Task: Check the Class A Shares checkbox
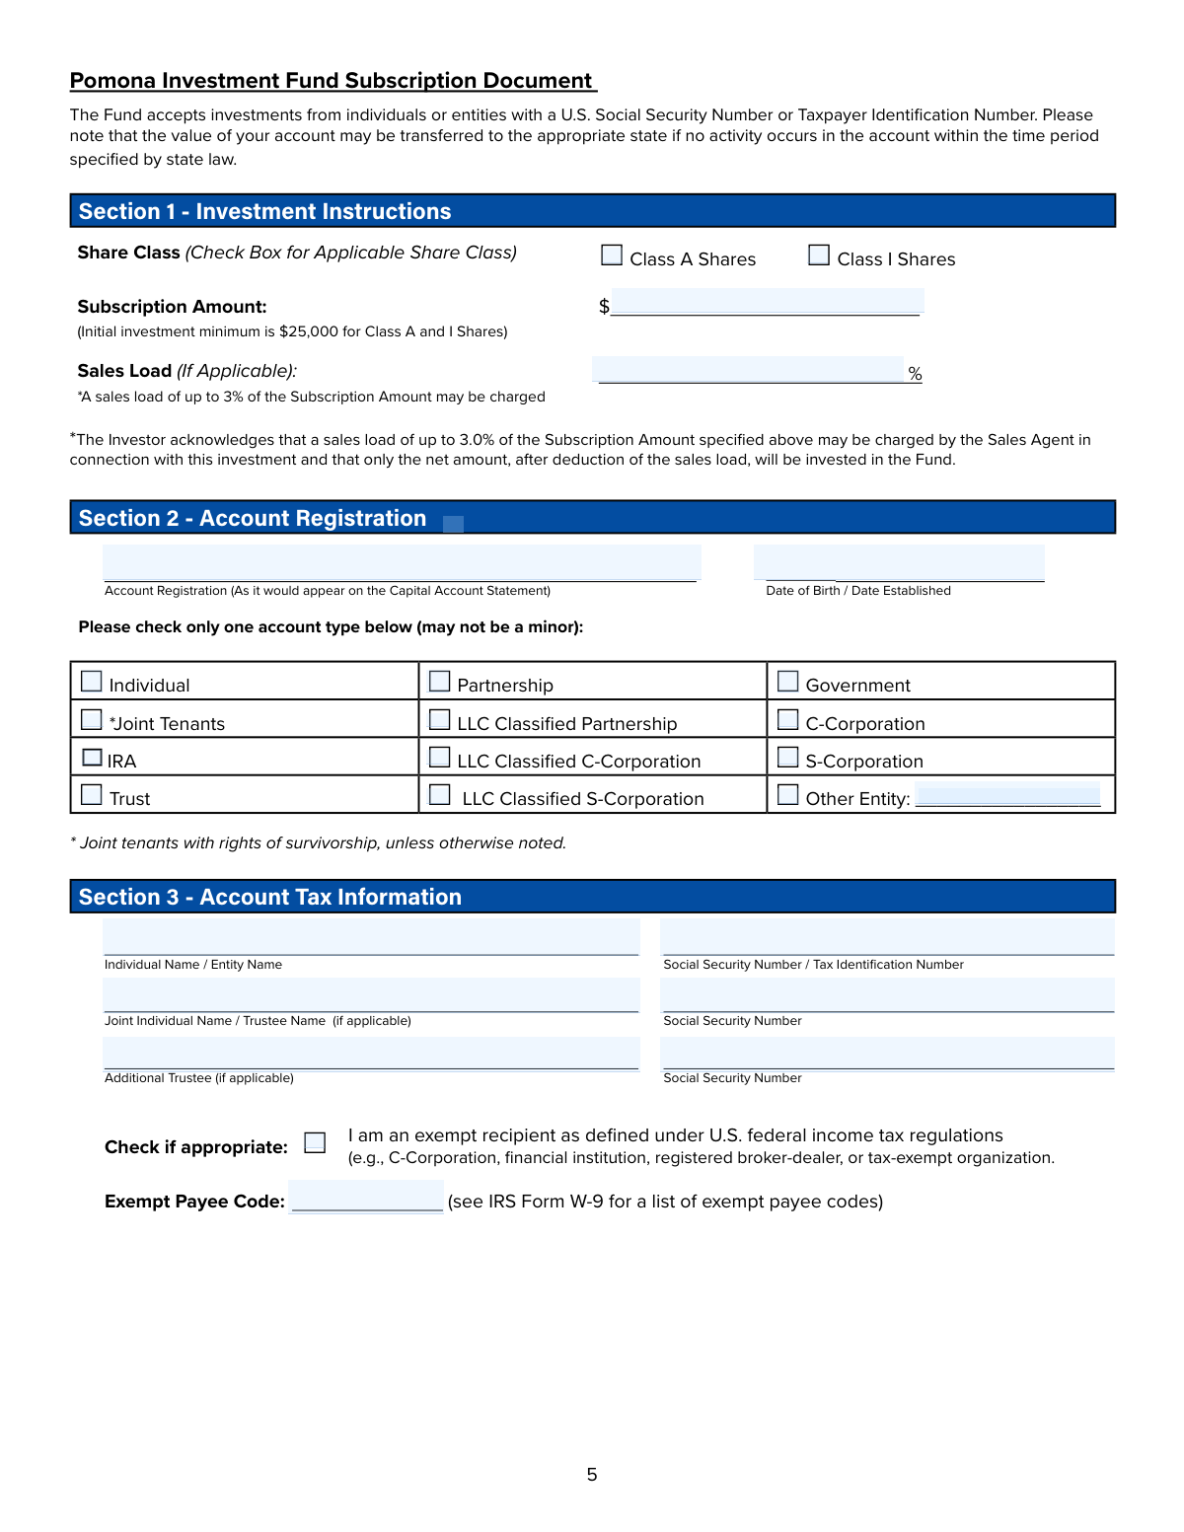point(612,255)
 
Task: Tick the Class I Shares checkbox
point(819,255)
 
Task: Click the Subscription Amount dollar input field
point(767,302)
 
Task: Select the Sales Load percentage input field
point(748,370)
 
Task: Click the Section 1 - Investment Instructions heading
point(264,211)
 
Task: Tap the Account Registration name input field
point(402,562)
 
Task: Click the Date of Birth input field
point(899,562)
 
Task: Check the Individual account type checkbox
point(92,682)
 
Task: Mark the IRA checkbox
point(92,758)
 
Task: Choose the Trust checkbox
point(92,795)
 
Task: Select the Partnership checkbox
point(440,682)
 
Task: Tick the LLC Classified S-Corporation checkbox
point(440,795)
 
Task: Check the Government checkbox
point(788,682)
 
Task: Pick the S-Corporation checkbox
point(788,758)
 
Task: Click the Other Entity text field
point(1007,796)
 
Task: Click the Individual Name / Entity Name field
point(371,937)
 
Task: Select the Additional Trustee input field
point(371,1053)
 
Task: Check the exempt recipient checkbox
point(315,1143)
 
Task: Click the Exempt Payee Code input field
point(366,1197)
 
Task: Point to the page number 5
point(592,1475)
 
